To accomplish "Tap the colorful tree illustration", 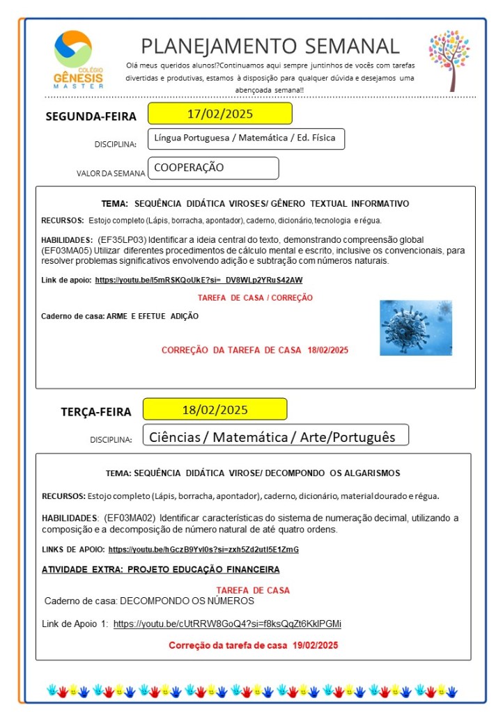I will (449, 61).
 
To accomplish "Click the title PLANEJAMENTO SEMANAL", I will (270, 46).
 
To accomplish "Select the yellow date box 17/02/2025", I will (219, 113).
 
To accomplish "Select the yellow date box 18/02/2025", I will (215, 409).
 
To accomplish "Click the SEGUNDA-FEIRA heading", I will (91, 116).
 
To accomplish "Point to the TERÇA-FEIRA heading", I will (96, 411).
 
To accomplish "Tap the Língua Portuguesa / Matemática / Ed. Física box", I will (246, 139).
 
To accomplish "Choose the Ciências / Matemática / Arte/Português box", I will (274, 436).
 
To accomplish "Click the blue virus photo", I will (415, 328).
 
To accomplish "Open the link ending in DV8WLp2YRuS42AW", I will (199, 280).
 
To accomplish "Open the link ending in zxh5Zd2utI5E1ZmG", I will (203, 549).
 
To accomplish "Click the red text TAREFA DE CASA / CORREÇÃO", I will (255, 298).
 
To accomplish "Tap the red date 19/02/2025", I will (315, 646).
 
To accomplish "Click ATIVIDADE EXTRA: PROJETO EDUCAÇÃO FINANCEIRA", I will (161, 569).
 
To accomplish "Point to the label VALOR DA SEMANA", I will (111, 173).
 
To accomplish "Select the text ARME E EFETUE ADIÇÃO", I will (153, 316).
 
